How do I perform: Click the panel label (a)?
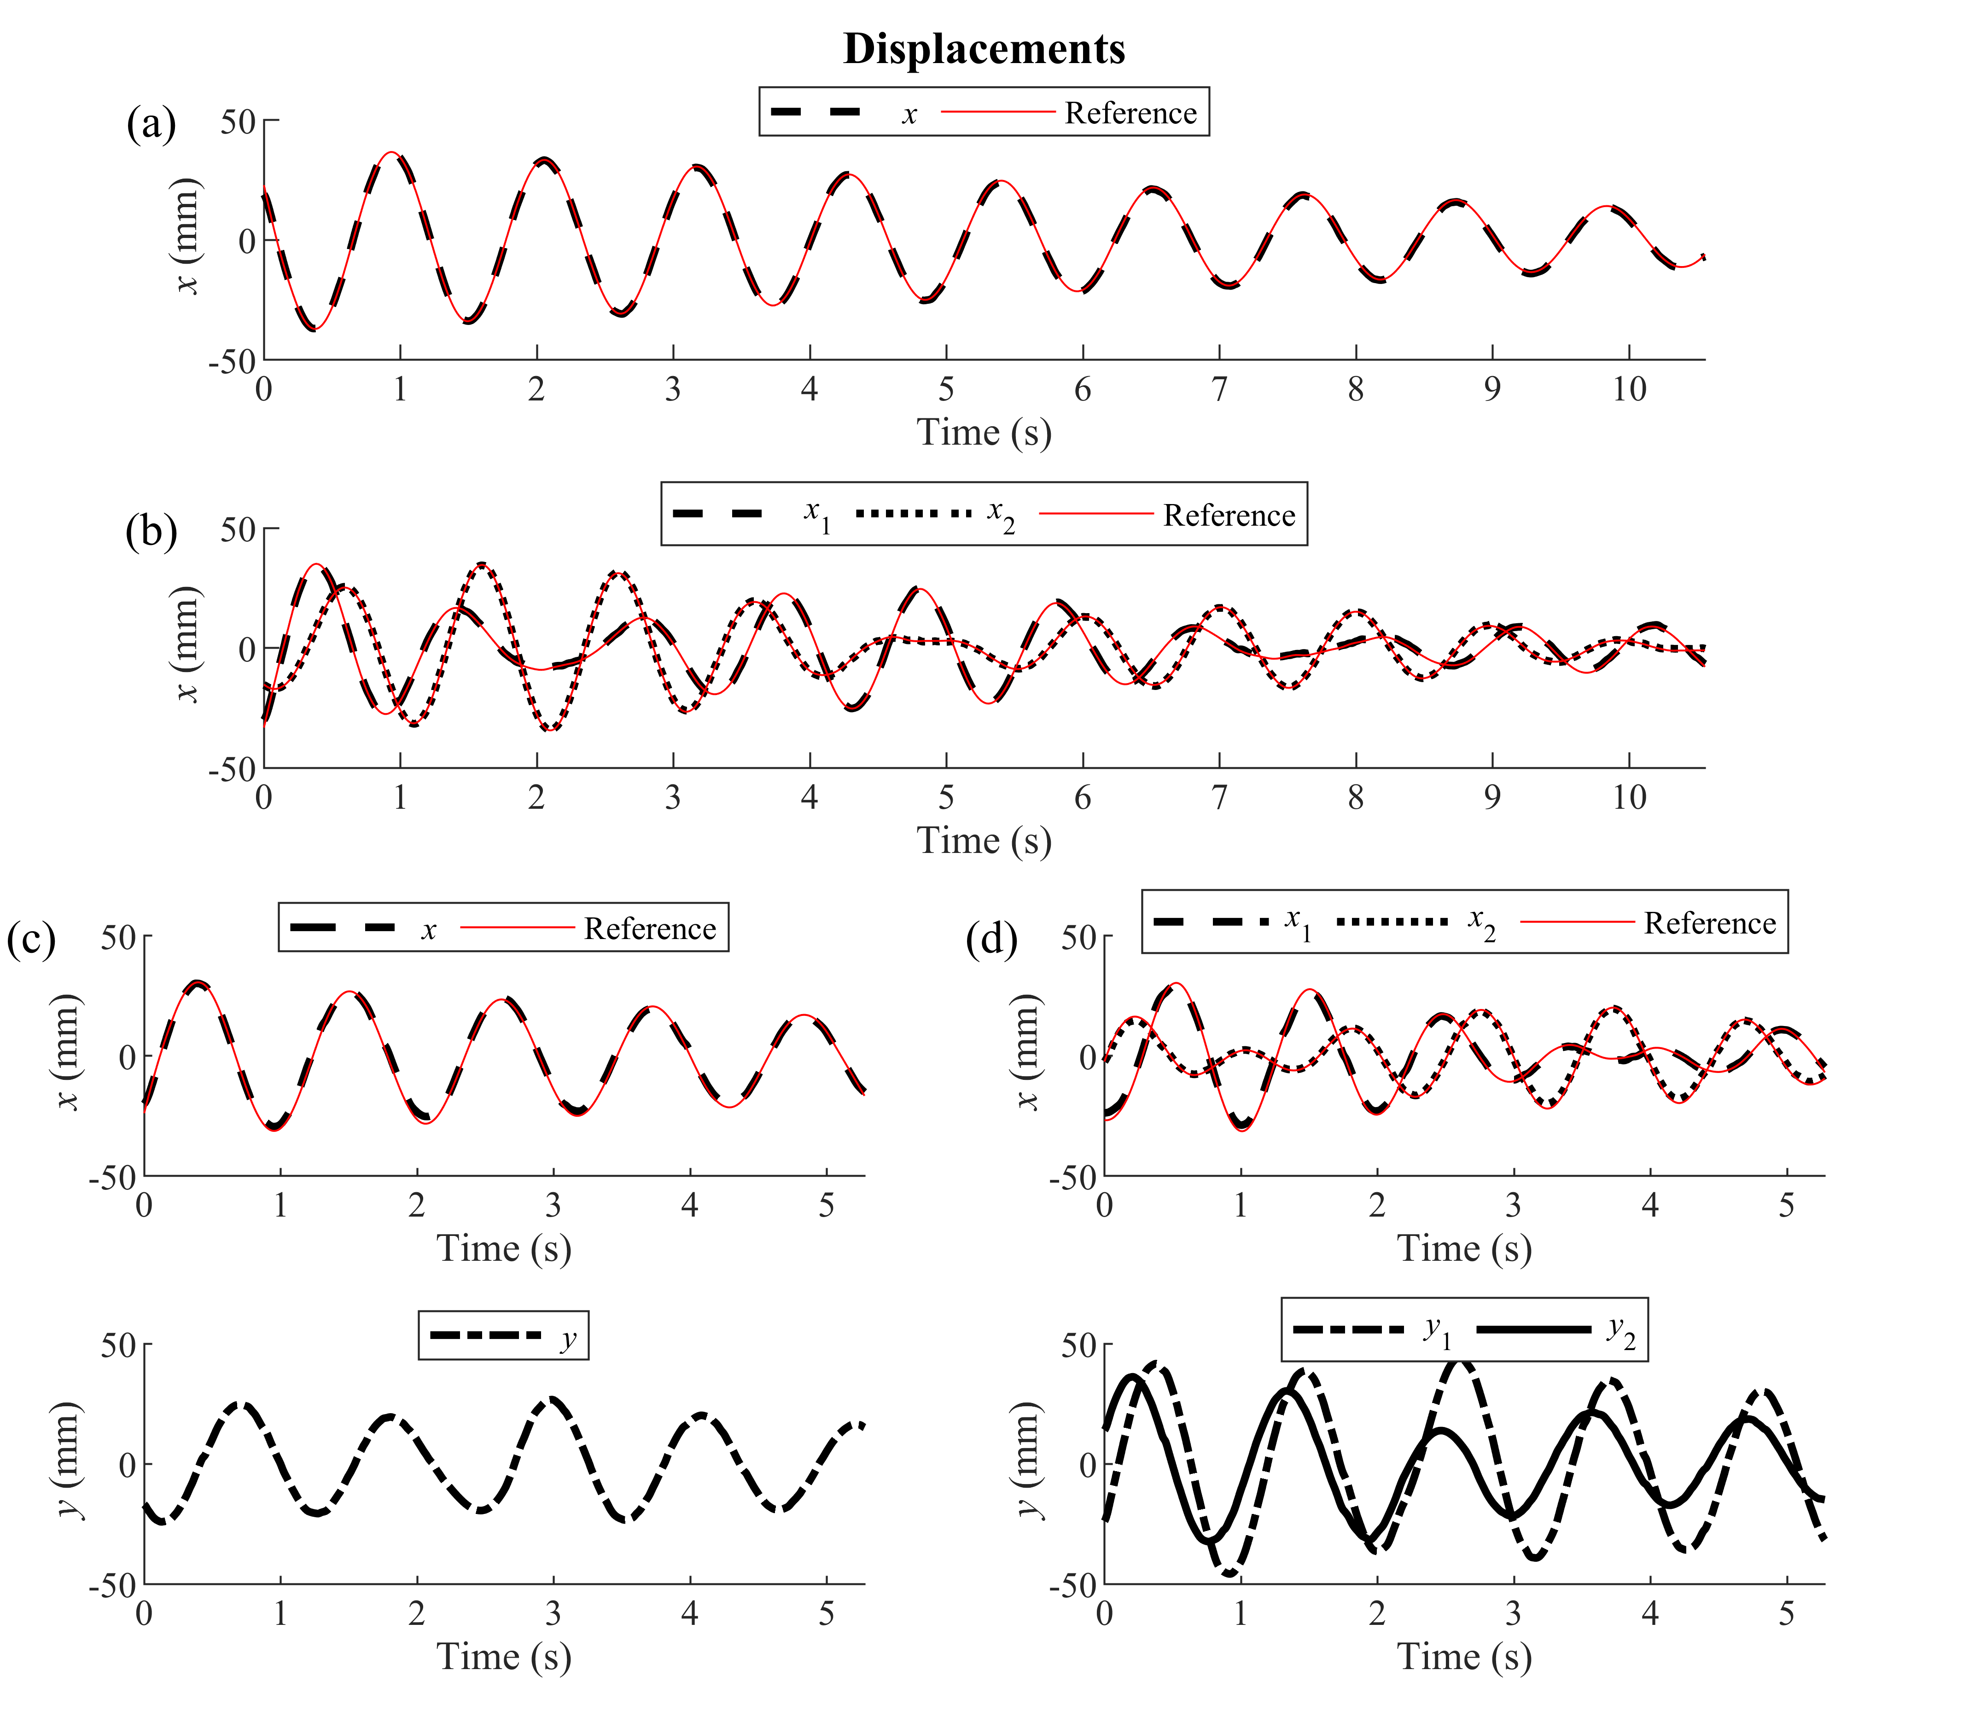click(x=151, y=124)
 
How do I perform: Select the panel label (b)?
click(x=151, y=532)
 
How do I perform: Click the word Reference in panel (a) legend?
click(x=1130, y=114)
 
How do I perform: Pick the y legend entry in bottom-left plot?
click(x=568, y=1337)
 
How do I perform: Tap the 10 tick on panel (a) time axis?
click(x=1629, y=389)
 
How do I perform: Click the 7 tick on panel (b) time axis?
click(x=1219, y=798)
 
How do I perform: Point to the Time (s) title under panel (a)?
click(x=984, y=433)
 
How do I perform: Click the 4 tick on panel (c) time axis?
click(x=690, y=1205)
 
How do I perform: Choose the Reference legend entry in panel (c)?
click(x=649, y=928)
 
